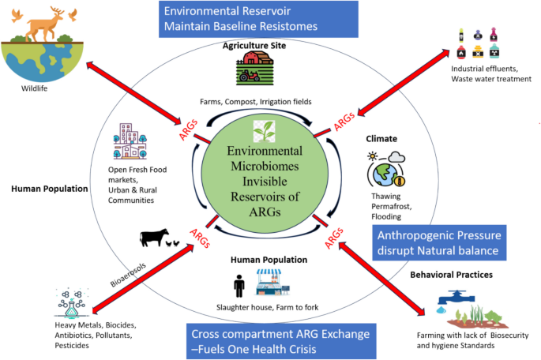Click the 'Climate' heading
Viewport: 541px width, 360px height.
(381, 138)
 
